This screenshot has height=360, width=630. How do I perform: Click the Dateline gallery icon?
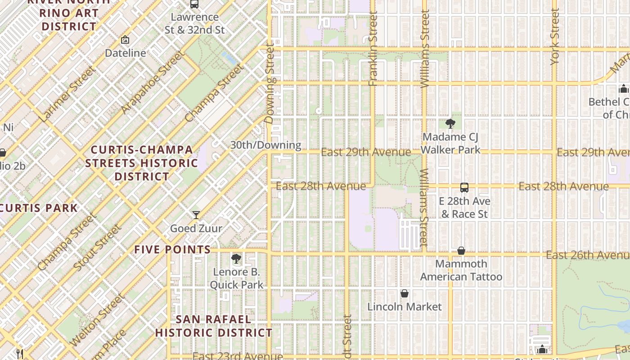pyautogui.click(x=125, y=40)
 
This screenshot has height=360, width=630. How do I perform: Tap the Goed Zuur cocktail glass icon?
pyautogui.click(x=196, y=215)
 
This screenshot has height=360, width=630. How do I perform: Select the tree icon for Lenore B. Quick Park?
pyautogui.click(x=236, y=258)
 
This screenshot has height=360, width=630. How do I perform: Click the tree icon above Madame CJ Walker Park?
pyautogui.click(x=450, y=123)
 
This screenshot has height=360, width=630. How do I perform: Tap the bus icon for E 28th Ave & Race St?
pyautogui.click(x=464, y=188)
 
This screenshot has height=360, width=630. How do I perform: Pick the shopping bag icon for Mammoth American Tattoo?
pyautogui.click(x=461, y=251)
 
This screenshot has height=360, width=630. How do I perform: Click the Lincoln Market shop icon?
pyautogui.click(x=405, y=293)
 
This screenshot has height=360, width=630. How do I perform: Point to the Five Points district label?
pyautogui.click(x=172, y=249)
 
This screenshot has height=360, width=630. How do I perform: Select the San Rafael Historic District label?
pyautogui.click(x=213, y=326)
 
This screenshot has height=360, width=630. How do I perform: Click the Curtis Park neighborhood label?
pyautogui.click(x=39, y=208)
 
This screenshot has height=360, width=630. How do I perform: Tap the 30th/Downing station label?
pyautogui.click(x=265, y=145)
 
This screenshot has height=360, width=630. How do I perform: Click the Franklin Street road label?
pyautogui.click(x=373, y=48)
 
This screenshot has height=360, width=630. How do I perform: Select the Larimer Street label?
pyautogui.click(x=67, y=94)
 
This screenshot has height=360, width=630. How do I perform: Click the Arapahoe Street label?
pyautogui.click(x=153, y=82)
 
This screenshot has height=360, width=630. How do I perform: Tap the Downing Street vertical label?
pyautogui.click(x=270, y=83)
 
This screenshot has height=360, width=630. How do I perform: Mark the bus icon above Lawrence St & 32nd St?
pyautogui.click(x=194, y=4)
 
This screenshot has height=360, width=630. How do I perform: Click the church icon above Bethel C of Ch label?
pyautogui.click(x=624, y=89)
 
